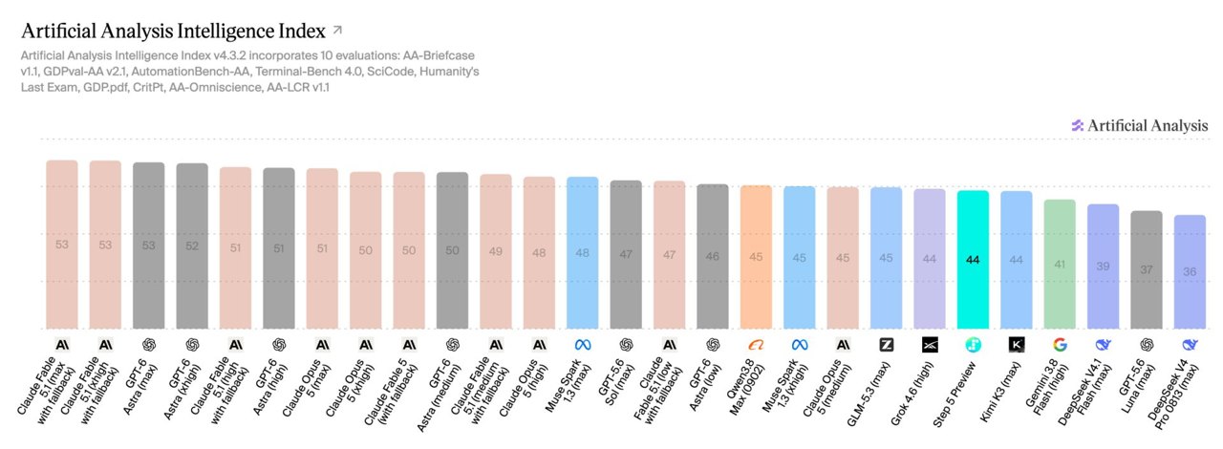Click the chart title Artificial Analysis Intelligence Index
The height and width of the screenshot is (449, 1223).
tap(173, 32)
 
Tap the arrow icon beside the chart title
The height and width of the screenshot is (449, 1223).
tap(337, 30)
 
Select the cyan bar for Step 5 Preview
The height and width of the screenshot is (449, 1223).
tap(973, 260)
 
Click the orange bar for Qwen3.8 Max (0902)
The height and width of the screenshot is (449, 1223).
tap(756, 257)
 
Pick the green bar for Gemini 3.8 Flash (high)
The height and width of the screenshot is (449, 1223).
tap(1060, 265)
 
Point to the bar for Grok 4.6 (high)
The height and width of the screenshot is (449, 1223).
tap(930, 259)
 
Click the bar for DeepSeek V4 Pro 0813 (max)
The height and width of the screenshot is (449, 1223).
tap(1190, 272)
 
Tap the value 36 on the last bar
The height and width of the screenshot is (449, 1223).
tap(1190, 271)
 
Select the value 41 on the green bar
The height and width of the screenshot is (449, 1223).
tap(1060, 265)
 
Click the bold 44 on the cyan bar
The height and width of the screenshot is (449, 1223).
tap(973, 260)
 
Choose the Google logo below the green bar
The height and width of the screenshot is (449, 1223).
tap(1060, 345)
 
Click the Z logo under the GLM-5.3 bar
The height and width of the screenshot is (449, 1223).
tap(886, 345)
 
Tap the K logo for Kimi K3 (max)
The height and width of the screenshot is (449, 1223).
tap(1016, 345)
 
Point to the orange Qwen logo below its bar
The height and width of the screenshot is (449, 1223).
tap(756, 345)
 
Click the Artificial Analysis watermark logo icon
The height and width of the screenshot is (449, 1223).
tap(1077, 126)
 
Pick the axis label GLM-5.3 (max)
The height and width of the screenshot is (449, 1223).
tap(869, 394)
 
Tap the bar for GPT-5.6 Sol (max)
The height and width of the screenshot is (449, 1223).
tap(626, 254)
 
